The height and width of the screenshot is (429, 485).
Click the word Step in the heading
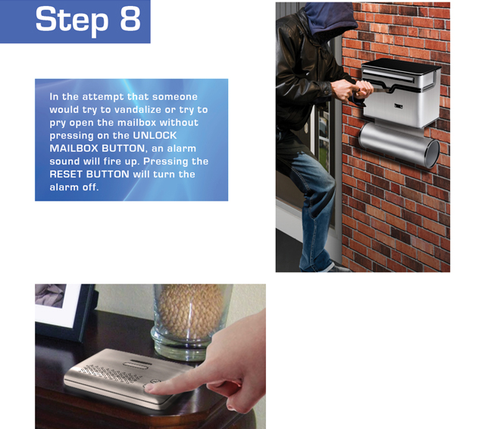(72, 19)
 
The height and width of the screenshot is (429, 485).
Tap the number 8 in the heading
(130, 18)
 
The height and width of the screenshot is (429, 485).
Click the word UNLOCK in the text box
(155, 136)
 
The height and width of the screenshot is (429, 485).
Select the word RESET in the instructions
(66, 174)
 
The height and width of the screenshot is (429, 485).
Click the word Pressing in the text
(165, 161)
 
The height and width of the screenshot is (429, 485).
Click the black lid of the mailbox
(402, 66)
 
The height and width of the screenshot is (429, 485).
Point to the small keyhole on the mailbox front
(399, 106)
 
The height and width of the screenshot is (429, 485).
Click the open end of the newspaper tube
(433, 153)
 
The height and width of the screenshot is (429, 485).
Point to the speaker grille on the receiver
(111, 374)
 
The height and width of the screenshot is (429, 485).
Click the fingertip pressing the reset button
(149, 387)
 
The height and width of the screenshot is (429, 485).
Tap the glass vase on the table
(190, 321)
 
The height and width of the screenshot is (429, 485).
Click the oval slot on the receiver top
(138, 364)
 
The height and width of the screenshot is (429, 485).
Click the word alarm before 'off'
(64, 187)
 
